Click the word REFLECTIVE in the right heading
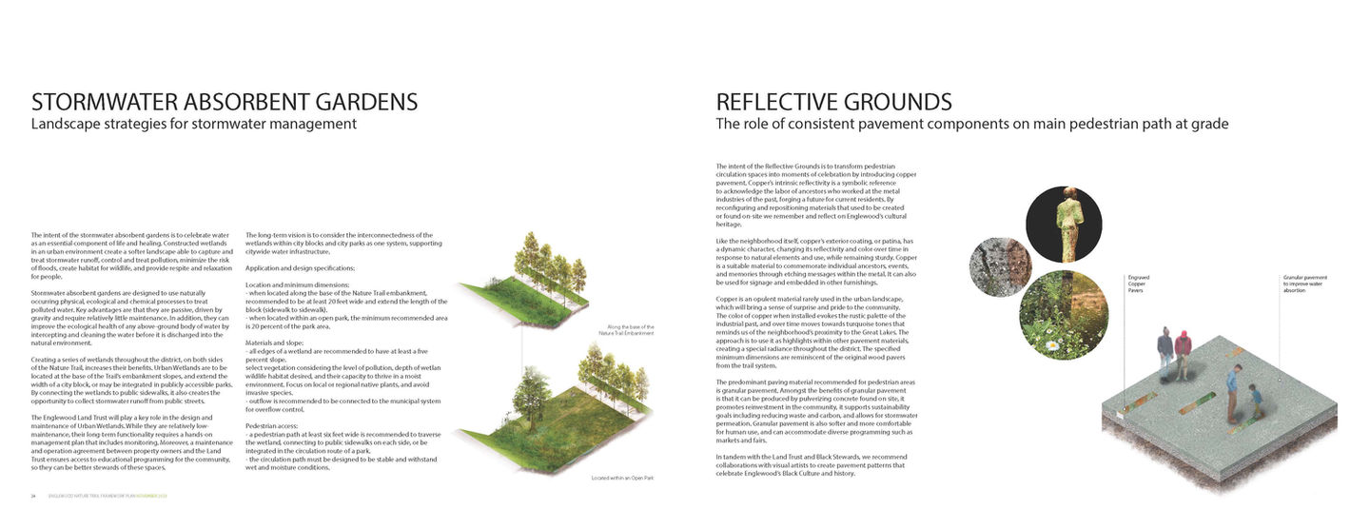776,103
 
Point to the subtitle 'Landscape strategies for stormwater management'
194,124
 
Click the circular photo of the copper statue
1064,225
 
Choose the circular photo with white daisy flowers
1064,315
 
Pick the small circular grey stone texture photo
1001,266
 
